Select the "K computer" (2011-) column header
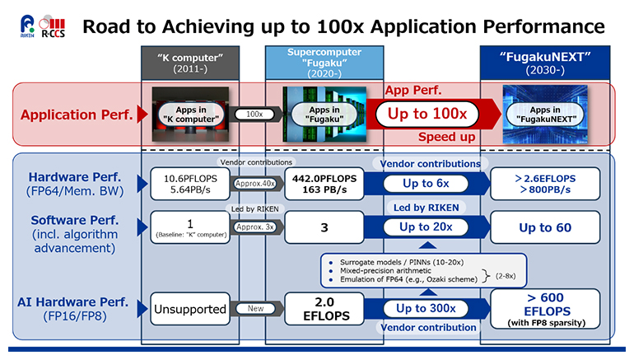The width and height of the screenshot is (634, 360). point(190,62)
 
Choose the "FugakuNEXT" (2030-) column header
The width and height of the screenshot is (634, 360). point(547,62)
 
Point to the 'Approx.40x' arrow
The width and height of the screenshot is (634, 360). point(257,184)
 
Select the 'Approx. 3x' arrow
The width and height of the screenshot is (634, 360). point(257,226)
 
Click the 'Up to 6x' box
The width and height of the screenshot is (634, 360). point(425,184)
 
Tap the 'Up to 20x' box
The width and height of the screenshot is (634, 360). point(425,226)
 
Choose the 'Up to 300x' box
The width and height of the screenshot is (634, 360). point(425,308)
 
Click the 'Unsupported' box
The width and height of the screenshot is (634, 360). point(189,309)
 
